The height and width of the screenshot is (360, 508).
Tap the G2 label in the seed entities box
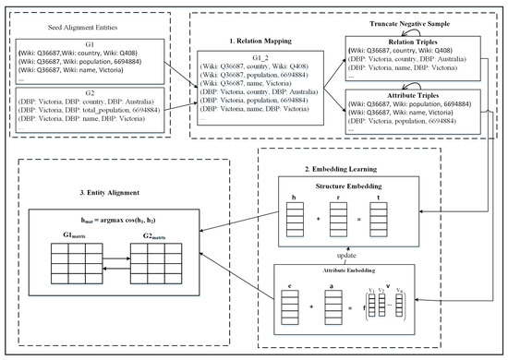tap(90, 90)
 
